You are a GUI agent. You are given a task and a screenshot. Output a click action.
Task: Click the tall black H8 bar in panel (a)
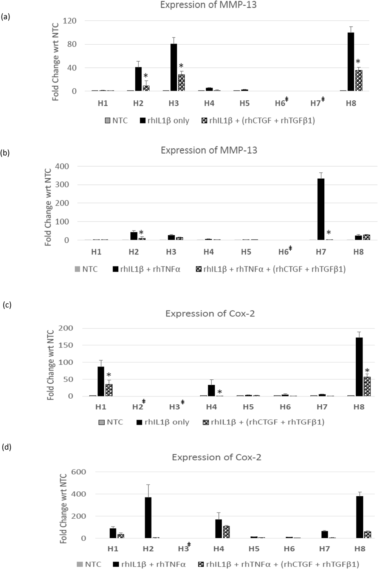click(351, 62)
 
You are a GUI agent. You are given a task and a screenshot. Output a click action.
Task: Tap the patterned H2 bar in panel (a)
click(146, 88)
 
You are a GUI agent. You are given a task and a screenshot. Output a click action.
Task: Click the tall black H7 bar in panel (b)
click(321, 209)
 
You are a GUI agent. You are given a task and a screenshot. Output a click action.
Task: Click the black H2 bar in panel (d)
click(148, 518)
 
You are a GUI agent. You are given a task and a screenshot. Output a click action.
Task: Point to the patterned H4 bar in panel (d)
click(226, 532)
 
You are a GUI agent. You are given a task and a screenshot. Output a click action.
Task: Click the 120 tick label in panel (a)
click(70, 21)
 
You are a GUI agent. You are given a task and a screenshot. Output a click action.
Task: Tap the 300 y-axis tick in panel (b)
click(62, 185)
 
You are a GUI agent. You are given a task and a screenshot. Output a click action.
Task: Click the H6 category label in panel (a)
click(280, 103)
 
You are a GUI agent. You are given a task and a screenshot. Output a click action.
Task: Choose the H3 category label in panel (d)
click(183, 549)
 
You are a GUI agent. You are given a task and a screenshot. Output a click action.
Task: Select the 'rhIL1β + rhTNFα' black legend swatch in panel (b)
click(116, 270)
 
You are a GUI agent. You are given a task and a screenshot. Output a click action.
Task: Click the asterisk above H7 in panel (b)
click(328, 233)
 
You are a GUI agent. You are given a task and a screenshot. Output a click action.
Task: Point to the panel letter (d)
click(6, 447)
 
